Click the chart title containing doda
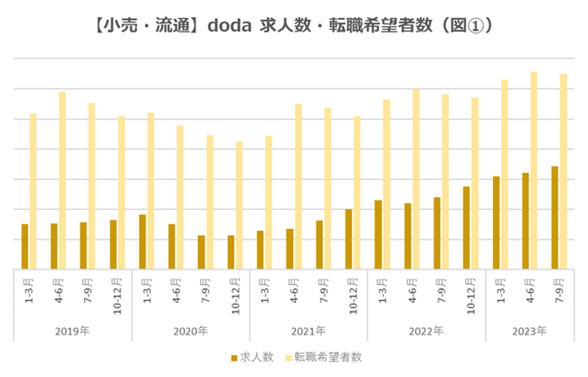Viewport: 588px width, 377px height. point(294,26)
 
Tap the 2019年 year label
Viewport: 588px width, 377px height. point(72,331)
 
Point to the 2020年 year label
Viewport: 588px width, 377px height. point(190,331)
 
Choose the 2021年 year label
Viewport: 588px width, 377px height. point(308,331)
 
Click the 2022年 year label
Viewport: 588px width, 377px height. point(425,331)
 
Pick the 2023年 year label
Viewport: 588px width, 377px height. point(528,331)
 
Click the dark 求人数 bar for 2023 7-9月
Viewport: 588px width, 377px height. point(555,218)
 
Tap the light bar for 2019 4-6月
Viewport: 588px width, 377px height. point(62,180)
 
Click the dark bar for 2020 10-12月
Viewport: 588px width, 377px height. point(231,252)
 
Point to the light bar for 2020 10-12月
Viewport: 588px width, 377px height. point(239,205)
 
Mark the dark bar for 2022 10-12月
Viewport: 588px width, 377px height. point(467,228)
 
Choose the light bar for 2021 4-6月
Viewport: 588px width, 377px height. point(298,186)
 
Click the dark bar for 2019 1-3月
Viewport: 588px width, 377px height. point(25,246)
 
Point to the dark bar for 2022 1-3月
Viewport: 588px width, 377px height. point(378,234)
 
